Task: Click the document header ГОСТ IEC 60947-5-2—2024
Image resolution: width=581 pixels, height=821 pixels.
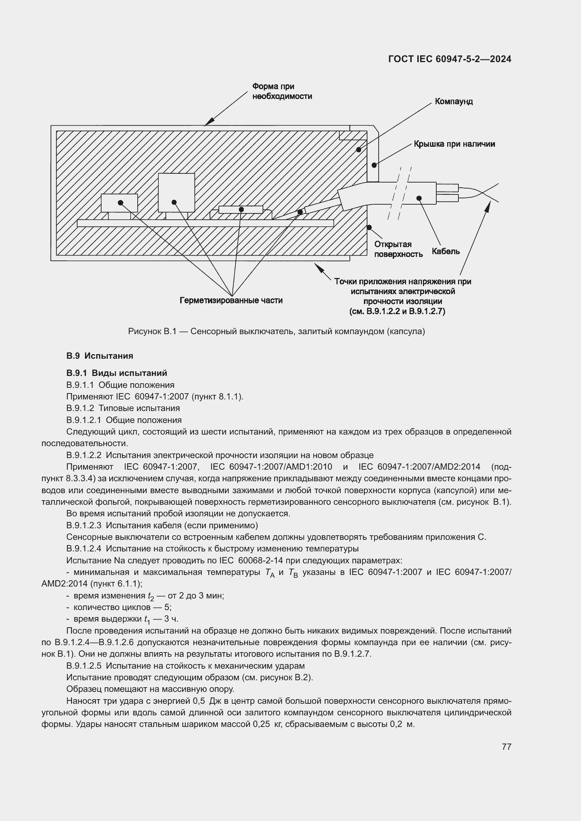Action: (x=449, y=59)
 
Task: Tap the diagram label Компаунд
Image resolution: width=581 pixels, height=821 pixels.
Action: (x=453, y=101)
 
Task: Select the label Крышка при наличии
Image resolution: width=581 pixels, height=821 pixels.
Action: (x=454, y=144)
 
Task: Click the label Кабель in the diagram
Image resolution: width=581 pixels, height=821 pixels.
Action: (x=445, y=251)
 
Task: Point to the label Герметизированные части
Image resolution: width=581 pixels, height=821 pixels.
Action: (x=231, y=300)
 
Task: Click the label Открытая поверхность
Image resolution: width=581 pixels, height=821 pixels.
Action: (x=398, y=249)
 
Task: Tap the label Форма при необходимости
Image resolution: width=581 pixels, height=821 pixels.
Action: (x=282, y=91)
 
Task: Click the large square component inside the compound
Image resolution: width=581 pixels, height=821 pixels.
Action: (x=176, y=192)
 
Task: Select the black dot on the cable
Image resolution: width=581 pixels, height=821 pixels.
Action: (x=419, y=198)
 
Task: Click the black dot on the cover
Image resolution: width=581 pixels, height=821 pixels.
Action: (x=374, y=165)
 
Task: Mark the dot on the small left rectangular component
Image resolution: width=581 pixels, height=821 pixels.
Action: (x=120, y=203)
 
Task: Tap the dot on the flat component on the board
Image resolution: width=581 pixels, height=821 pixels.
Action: (x=241, y=210)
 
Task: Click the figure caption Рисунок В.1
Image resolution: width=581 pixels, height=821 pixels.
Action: (x=276, y=331)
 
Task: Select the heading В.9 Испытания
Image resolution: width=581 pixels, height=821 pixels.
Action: (x=99, y=356)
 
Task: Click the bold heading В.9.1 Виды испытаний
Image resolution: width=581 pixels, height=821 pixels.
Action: (x=117, y=373)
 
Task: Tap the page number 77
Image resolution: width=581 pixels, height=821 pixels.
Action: (x=506, y=747)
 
